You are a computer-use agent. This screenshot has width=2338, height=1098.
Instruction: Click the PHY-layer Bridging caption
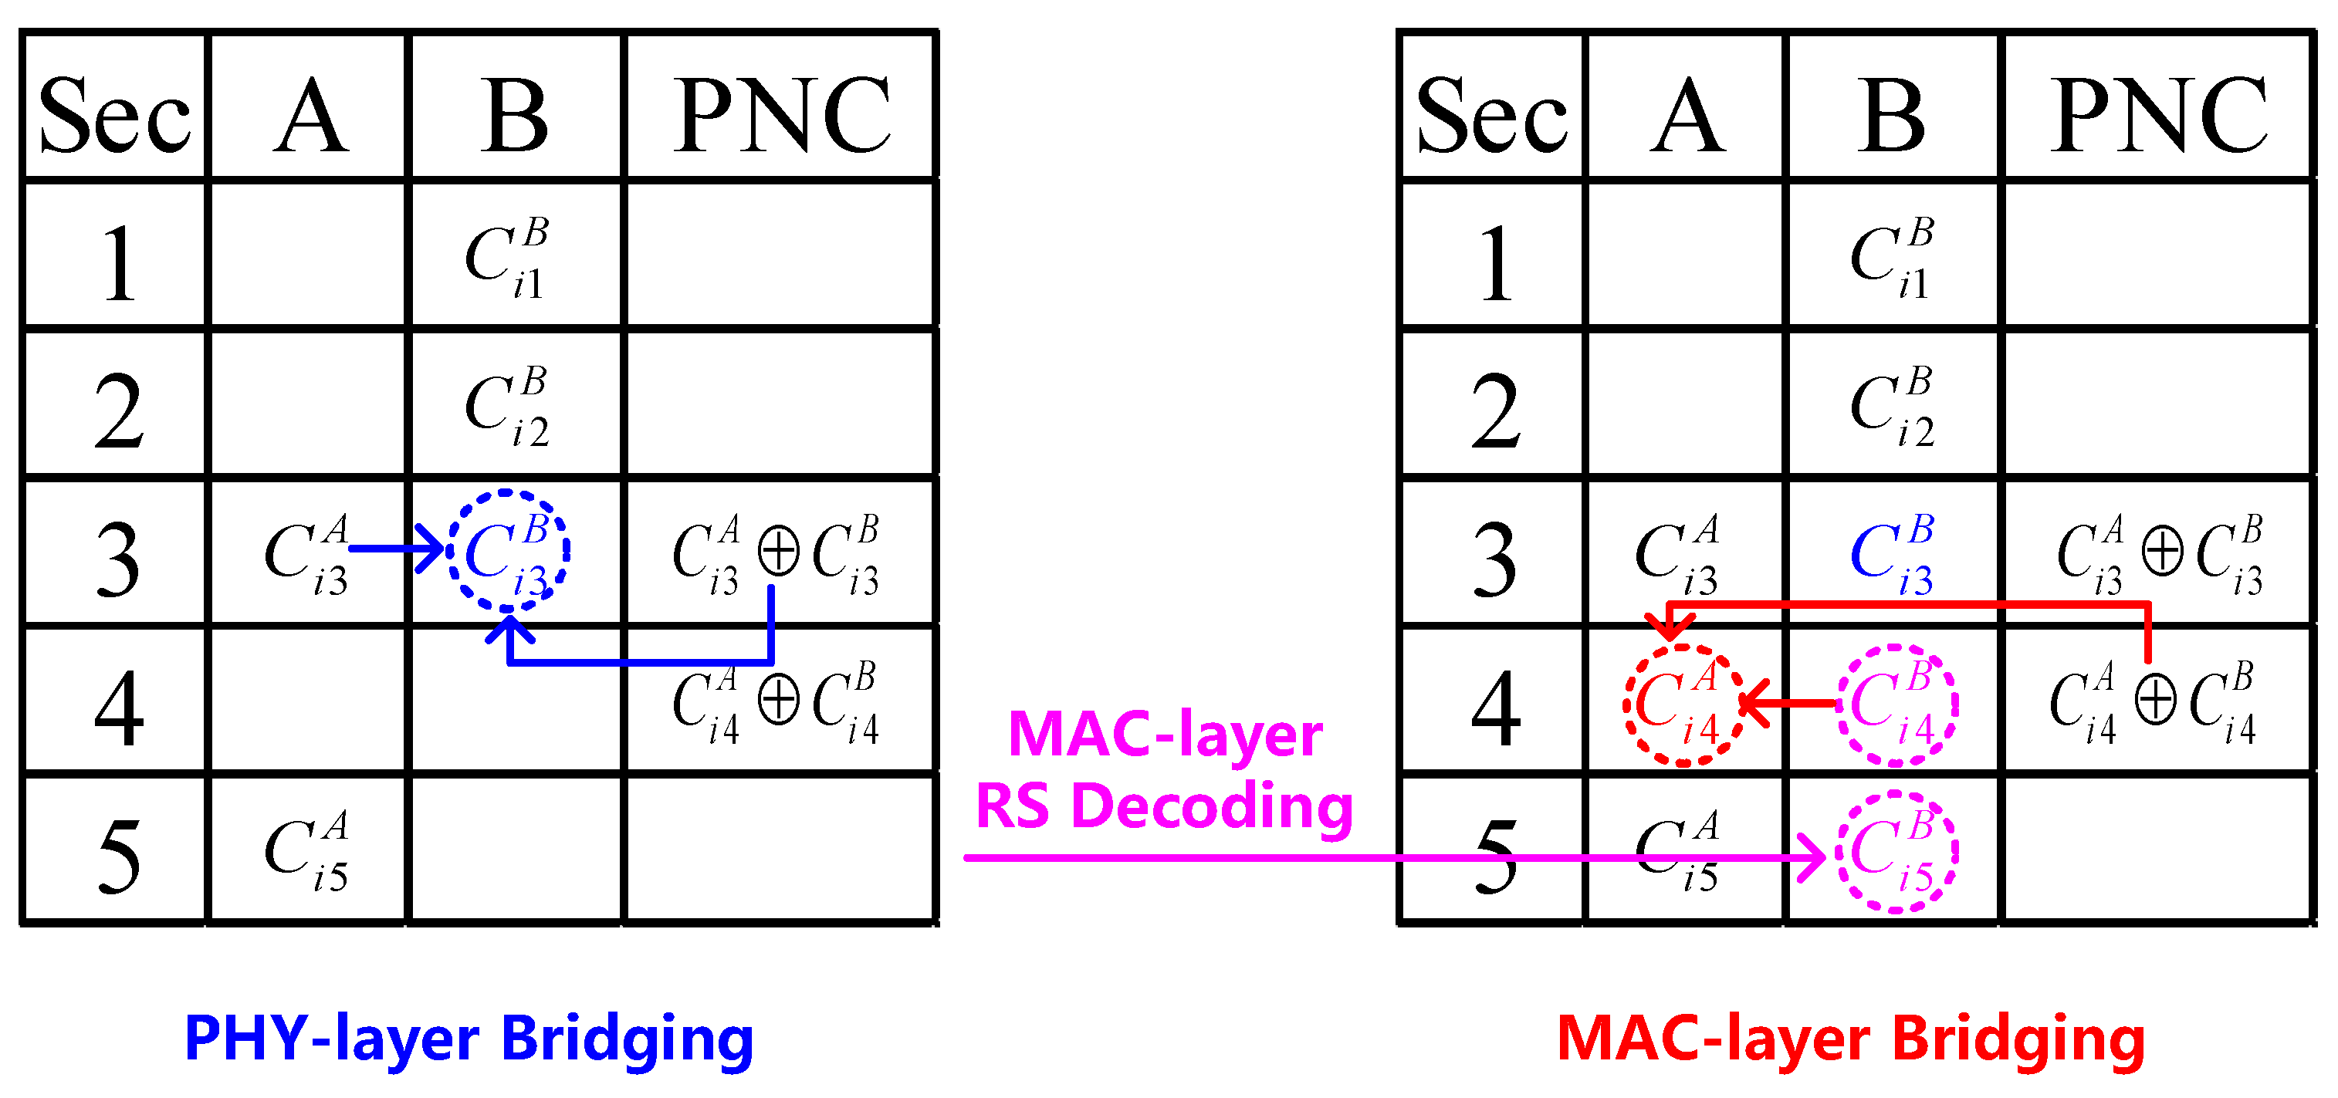pyautogui.click(x=469, y=1039)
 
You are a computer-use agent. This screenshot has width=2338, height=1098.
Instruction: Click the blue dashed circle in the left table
pyautogui.click(x=507, y=551)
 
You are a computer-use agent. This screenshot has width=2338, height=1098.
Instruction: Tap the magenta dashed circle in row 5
pyautogui.click(x=1896, y=852)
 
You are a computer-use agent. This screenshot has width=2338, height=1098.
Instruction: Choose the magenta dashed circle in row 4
pyautogui.click(x=1896, y=705)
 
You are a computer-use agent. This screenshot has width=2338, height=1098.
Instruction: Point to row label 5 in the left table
pyautogui.click(x=118, y=855)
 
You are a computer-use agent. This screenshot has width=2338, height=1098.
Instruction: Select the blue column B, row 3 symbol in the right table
pyautogui.click(x=1893, y=553)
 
